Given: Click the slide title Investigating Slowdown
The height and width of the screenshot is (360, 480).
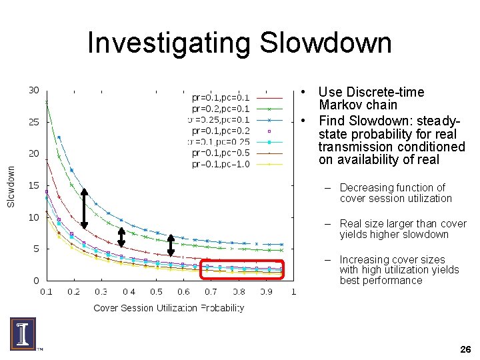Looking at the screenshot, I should click(239, 44).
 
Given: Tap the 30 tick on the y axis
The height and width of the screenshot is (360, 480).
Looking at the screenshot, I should click(33, 91).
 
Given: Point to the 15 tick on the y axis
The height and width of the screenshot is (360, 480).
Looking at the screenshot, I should click(33, 185).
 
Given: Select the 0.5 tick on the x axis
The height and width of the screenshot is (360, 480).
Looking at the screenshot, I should click(156, 292).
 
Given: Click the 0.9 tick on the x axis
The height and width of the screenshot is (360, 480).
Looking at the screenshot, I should click(266, 292).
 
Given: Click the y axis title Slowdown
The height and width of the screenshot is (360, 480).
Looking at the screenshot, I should click(11, 186).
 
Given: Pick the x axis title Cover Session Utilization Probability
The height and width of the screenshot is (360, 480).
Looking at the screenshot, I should click(169, 308).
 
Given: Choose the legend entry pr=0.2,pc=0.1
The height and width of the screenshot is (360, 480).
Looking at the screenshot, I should click(221, 109).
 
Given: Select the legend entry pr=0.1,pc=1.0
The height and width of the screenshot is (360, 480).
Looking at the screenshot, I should click(221, 164).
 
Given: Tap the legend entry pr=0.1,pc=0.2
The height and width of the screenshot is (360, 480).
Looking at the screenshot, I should click(221, 131).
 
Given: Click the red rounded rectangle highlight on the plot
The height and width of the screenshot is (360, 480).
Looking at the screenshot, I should click(241, 269).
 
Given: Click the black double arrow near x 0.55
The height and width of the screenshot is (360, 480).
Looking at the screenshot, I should click(171, 245).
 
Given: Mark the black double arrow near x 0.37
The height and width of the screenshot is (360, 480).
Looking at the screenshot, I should click(121, 237).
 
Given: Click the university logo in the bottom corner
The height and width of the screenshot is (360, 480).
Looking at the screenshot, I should click(23, 333).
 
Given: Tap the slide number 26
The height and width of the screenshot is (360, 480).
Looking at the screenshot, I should click(465, 349).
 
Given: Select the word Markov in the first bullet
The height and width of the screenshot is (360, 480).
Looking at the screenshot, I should click(338, 105).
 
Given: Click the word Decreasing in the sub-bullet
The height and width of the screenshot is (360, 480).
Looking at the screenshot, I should click(364, 188).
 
